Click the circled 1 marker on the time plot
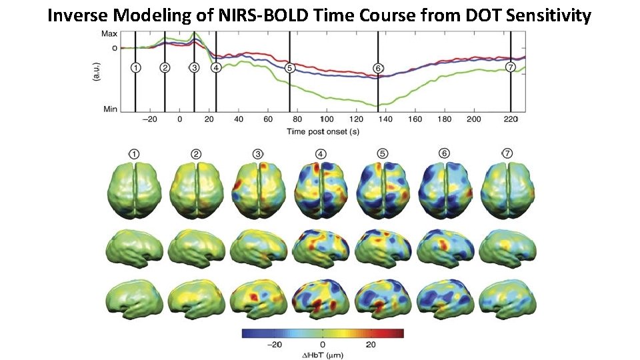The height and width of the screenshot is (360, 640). tap(135, 67)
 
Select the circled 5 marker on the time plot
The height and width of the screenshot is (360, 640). tap(289, 67)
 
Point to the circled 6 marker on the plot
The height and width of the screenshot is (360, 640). tap(378, 68)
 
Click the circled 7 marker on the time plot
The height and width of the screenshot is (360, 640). tap(511, 67)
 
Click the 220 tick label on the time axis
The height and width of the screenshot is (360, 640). tap(510, 119)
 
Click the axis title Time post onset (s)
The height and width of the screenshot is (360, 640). tap(323, 131)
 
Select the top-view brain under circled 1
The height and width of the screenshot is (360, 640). tap(135, 191)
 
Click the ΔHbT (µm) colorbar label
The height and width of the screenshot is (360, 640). tap(323, 355)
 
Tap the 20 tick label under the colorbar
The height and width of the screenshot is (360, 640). tap(371, 345)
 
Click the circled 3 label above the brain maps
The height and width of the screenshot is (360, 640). tap(258, 154)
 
